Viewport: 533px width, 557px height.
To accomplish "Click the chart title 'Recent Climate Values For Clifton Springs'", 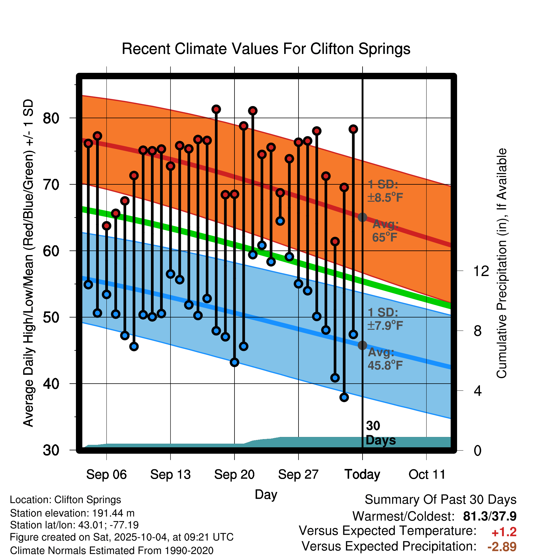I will pos(266,49).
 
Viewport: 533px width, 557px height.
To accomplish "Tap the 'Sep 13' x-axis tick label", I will pos(170,474).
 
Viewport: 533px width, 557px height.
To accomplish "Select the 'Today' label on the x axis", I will pos(362,474).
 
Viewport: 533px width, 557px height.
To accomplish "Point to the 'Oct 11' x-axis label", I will pos(427,474).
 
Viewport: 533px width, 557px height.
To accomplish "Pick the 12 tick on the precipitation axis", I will pos(481,271).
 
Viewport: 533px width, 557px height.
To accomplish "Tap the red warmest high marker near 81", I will pos(216,109).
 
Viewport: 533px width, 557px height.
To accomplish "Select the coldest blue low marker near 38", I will pos(344,397).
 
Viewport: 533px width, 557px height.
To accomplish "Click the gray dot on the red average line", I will pos(362,217).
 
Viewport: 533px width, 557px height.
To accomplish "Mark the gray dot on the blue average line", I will pos(362,345).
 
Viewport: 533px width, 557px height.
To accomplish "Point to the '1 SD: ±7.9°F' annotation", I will pos(385,319).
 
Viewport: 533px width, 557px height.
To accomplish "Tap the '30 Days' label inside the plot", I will pos(380,433).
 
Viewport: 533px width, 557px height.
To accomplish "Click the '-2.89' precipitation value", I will pos(502,547).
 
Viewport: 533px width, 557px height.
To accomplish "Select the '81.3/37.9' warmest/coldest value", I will pos(490,516).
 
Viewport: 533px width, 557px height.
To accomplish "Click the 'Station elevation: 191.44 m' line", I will pos(72,513).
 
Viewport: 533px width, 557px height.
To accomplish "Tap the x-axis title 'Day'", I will pos(266,494).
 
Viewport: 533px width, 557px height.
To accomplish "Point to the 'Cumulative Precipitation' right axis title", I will pos(502,264).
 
